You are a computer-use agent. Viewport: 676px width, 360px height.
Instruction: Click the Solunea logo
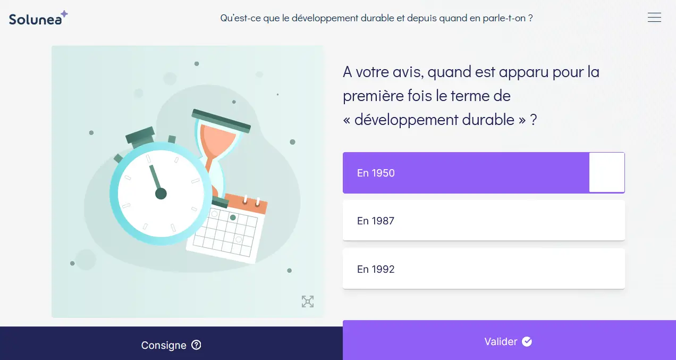[x=38, y=18]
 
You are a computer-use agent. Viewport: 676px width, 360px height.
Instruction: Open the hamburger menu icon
[x=654, y=18]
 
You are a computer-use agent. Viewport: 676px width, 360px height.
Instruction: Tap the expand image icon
[x=308, y=302]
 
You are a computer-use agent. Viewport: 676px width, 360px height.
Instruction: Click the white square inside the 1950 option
[x=606, y=172]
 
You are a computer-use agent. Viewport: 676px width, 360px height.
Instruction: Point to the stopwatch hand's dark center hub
[x=161, y=194]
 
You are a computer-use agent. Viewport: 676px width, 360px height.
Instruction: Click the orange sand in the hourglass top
[x=218, y=142]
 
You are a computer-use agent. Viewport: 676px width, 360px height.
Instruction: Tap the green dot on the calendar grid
[x=233, y=217]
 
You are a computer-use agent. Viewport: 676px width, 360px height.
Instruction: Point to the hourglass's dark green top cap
[x=221, y=121]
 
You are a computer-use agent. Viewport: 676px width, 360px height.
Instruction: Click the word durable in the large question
[x=488, y=120]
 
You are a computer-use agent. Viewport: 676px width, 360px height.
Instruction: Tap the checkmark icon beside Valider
[x=527, y=341]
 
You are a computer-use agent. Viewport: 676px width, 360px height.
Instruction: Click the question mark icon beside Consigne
[x=196, y=345]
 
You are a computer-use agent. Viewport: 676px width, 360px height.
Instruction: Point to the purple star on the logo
[x=64, y=14]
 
